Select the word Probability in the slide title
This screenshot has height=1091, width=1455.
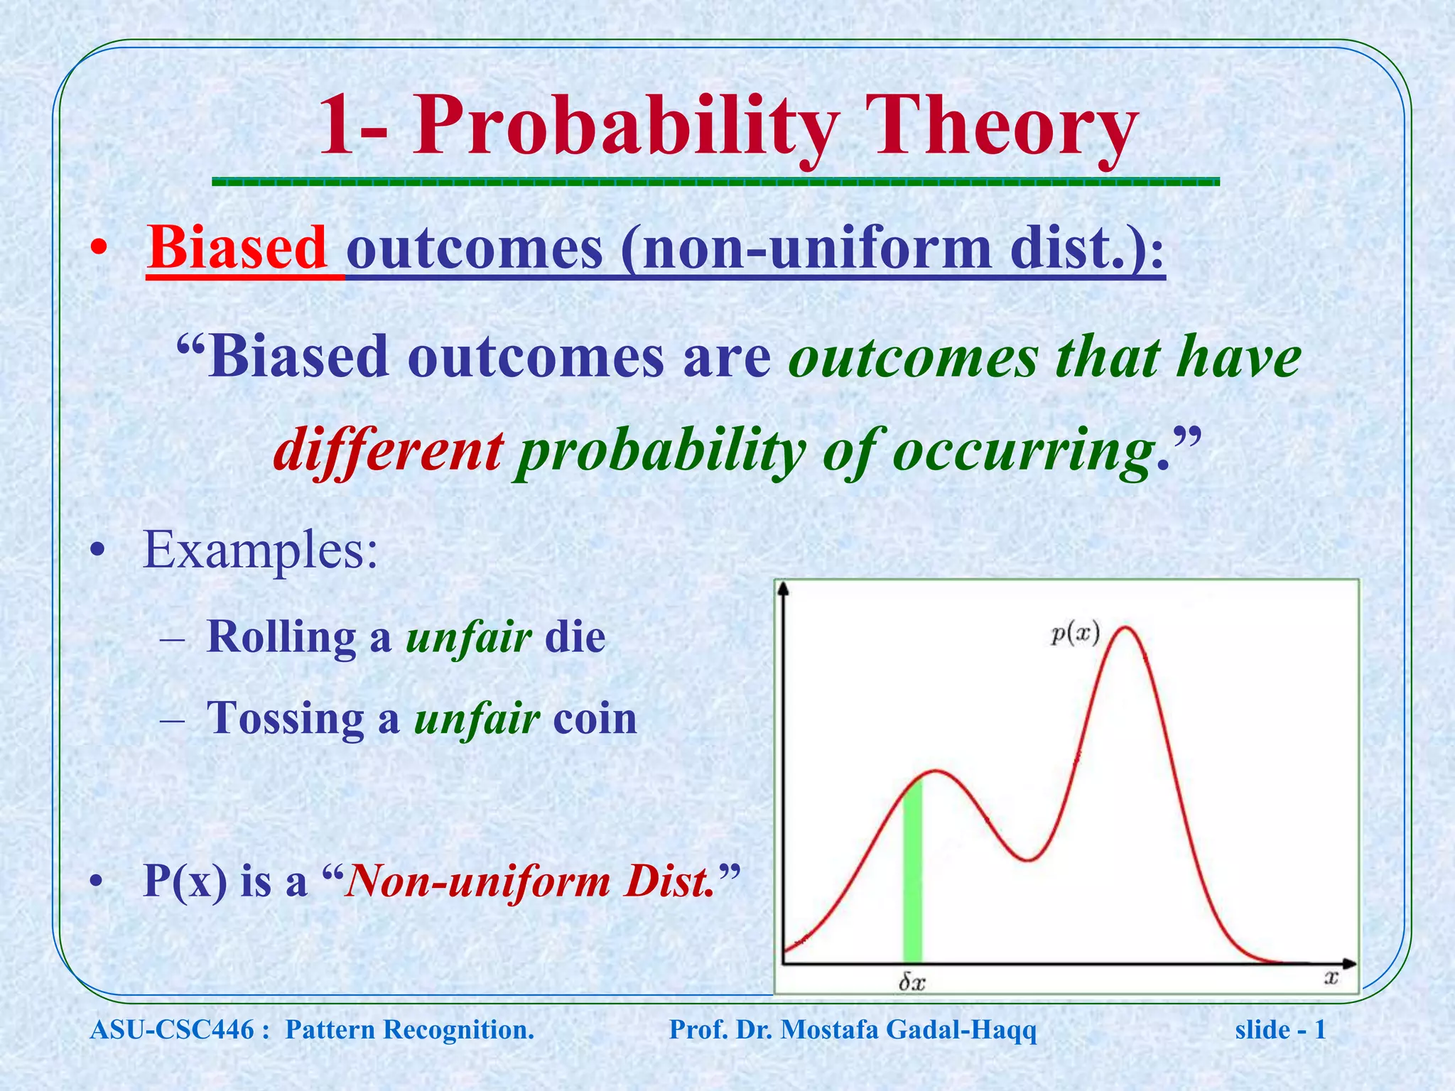[625, 128]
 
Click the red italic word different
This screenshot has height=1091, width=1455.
[389, 451]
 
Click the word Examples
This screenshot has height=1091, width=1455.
[260, 551]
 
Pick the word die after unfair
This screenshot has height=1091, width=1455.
[575, 637]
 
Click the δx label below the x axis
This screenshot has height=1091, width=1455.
[912, 982]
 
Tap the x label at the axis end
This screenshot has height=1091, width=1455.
[1331, 978]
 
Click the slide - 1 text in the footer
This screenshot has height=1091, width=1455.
[1280, 1030]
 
